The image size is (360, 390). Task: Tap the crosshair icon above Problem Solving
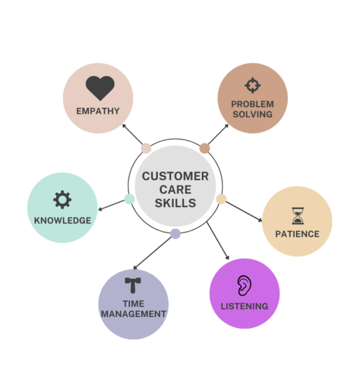(252, 86)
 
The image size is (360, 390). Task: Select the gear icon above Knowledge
(62, 200)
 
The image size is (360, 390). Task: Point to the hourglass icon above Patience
(298, 216)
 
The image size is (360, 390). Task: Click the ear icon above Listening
(243, 285)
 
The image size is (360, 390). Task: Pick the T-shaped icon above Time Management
(133, 285)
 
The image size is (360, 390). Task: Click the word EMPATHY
(98, 111)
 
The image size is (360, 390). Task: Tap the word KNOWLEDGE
(62, 221)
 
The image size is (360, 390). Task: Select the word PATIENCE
(298, 234)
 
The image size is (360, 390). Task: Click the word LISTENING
(244, 306)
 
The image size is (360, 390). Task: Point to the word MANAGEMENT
(134, 314)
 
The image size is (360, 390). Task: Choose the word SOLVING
(253, 114)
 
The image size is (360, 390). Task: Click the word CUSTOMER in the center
(175, 176)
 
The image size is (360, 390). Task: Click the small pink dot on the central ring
(146, 148)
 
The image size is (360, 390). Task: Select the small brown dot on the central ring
(204, 148)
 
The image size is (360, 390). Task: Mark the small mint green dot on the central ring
(130, 199)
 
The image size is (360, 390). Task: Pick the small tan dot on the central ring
(221, 199)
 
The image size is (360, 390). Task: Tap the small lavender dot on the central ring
(175, 234)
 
